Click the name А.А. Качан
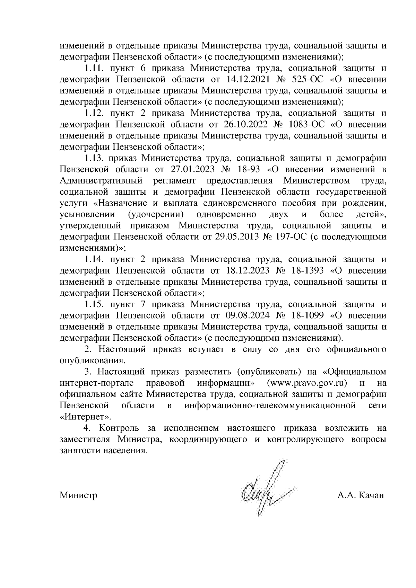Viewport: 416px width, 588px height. (361, 495)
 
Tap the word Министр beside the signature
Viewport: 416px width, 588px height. (78, 495)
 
